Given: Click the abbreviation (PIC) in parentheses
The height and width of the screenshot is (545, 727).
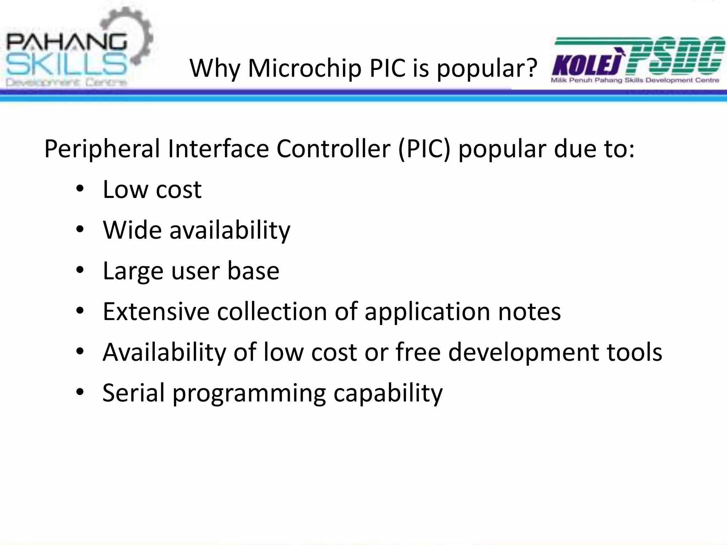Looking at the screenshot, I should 424,149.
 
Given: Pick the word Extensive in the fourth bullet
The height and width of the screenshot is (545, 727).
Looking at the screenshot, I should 156,312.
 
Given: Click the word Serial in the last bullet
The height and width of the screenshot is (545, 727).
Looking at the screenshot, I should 133,392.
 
